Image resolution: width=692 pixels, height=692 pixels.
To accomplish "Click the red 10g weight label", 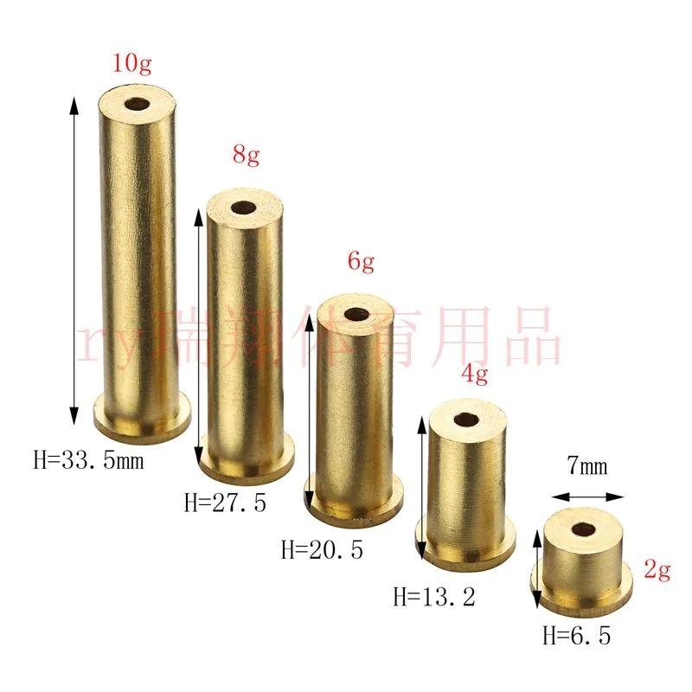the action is [132, 63].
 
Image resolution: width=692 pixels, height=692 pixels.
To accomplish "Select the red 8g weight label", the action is [247, 155].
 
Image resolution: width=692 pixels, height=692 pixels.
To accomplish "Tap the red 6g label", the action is [361, 261].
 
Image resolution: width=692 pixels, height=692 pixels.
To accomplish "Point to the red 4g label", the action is [475, 375].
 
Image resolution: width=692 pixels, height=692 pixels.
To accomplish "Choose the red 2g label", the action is [657, 570].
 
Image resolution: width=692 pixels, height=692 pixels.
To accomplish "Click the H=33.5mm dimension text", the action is [89, 460].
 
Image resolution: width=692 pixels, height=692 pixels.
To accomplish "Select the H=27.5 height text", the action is [225, 503].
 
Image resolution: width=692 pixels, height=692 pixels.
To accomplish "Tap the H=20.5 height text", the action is [322, 550].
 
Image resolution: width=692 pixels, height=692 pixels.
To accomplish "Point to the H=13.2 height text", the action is [434, 597].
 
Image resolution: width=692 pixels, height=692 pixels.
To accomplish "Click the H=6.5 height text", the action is [577, 636].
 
